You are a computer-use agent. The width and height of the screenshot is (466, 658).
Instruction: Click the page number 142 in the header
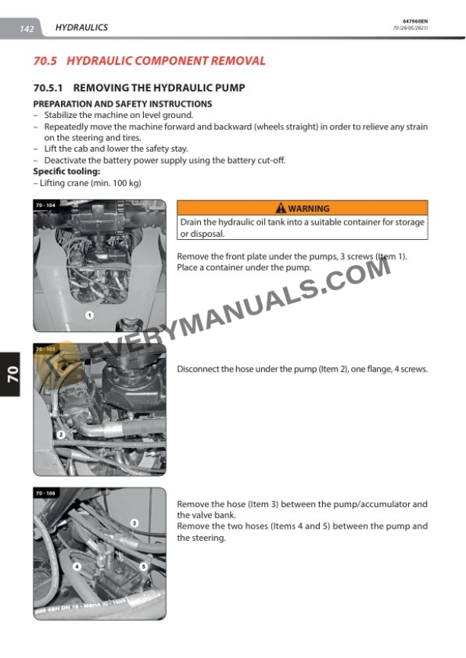(x=27, y=29)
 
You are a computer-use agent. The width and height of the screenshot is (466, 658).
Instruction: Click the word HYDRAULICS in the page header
(x=81, y=27)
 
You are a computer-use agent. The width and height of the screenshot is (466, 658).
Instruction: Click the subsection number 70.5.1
(x=49, y=88)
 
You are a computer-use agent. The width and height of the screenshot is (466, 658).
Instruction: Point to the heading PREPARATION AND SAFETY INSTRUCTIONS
(x=122, y=104)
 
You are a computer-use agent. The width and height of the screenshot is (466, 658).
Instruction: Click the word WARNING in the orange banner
(x=308, y=209)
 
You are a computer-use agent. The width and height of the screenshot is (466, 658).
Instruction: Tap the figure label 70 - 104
(x=46, y=206)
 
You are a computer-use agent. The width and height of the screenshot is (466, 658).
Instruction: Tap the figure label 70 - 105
(x=46, y=350)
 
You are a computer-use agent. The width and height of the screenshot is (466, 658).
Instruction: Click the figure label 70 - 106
(x=46, y=493)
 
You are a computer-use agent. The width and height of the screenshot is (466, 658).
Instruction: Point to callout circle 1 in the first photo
(x=89, y=315)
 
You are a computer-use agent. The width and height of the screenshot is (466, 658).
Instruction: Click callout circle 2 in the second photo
(x=60, y=435)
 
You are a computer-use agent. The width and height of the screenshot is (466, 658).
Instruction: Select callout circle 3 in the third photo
(x=134, y=523)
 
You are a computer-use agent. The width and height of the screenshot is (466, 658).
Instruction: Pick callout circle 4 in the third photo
(x=76, y=567)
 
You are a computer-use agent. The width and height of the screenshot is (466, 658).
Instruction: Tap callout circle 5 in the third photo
(x=143, y=567)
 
